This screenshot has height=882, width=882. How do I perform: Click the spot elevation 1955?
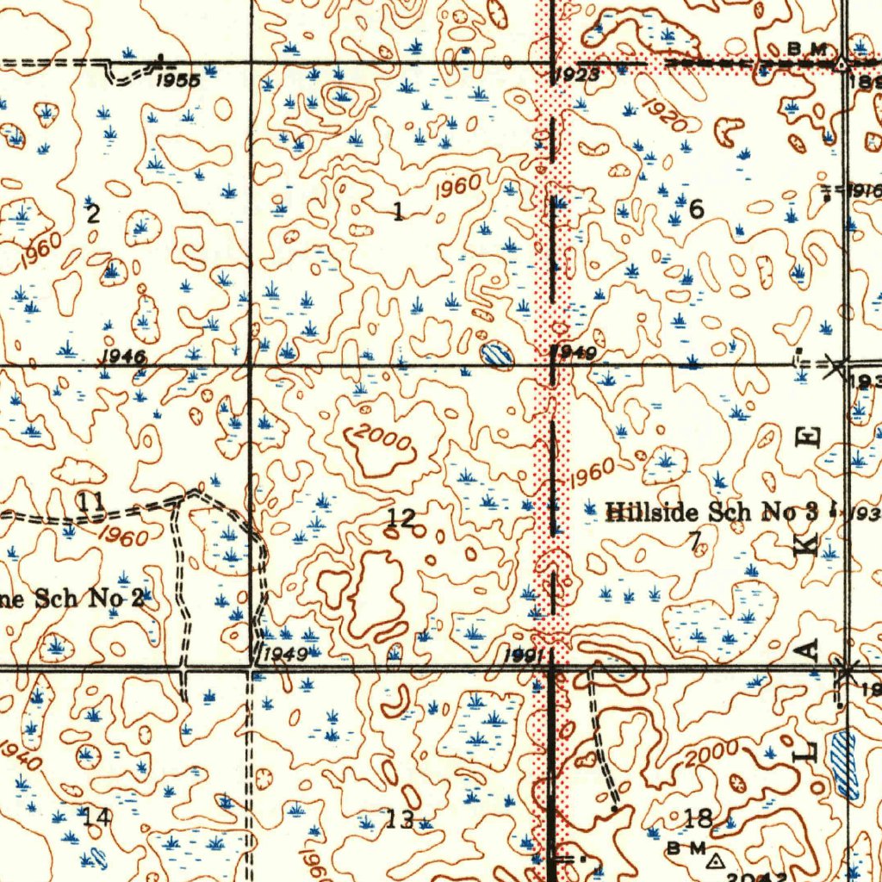pyautogui.click(x=178, y=81)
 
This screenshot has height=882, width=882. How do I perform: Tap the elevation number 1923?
pyautogui.click(x=575, y=76)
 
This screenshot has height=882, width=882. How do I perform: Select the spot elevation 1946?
pyautogui.click(x=122, y=356)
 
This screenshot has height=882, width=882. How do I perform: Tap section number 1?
pyautogui.click(x=397, y=212)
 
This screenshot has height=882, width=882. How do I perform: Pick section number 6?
pyautogui.click(x=696, y=208)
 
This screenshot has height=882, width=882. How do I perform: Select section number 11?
pyautogui.click(x=90, y=500)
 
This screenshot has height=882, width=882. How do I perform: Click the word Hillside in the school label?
pyautogui.click(x=654, y=513)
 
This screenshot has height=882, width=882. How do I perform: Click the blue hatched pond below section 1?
pyautogui.click(x=496, y=352)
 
